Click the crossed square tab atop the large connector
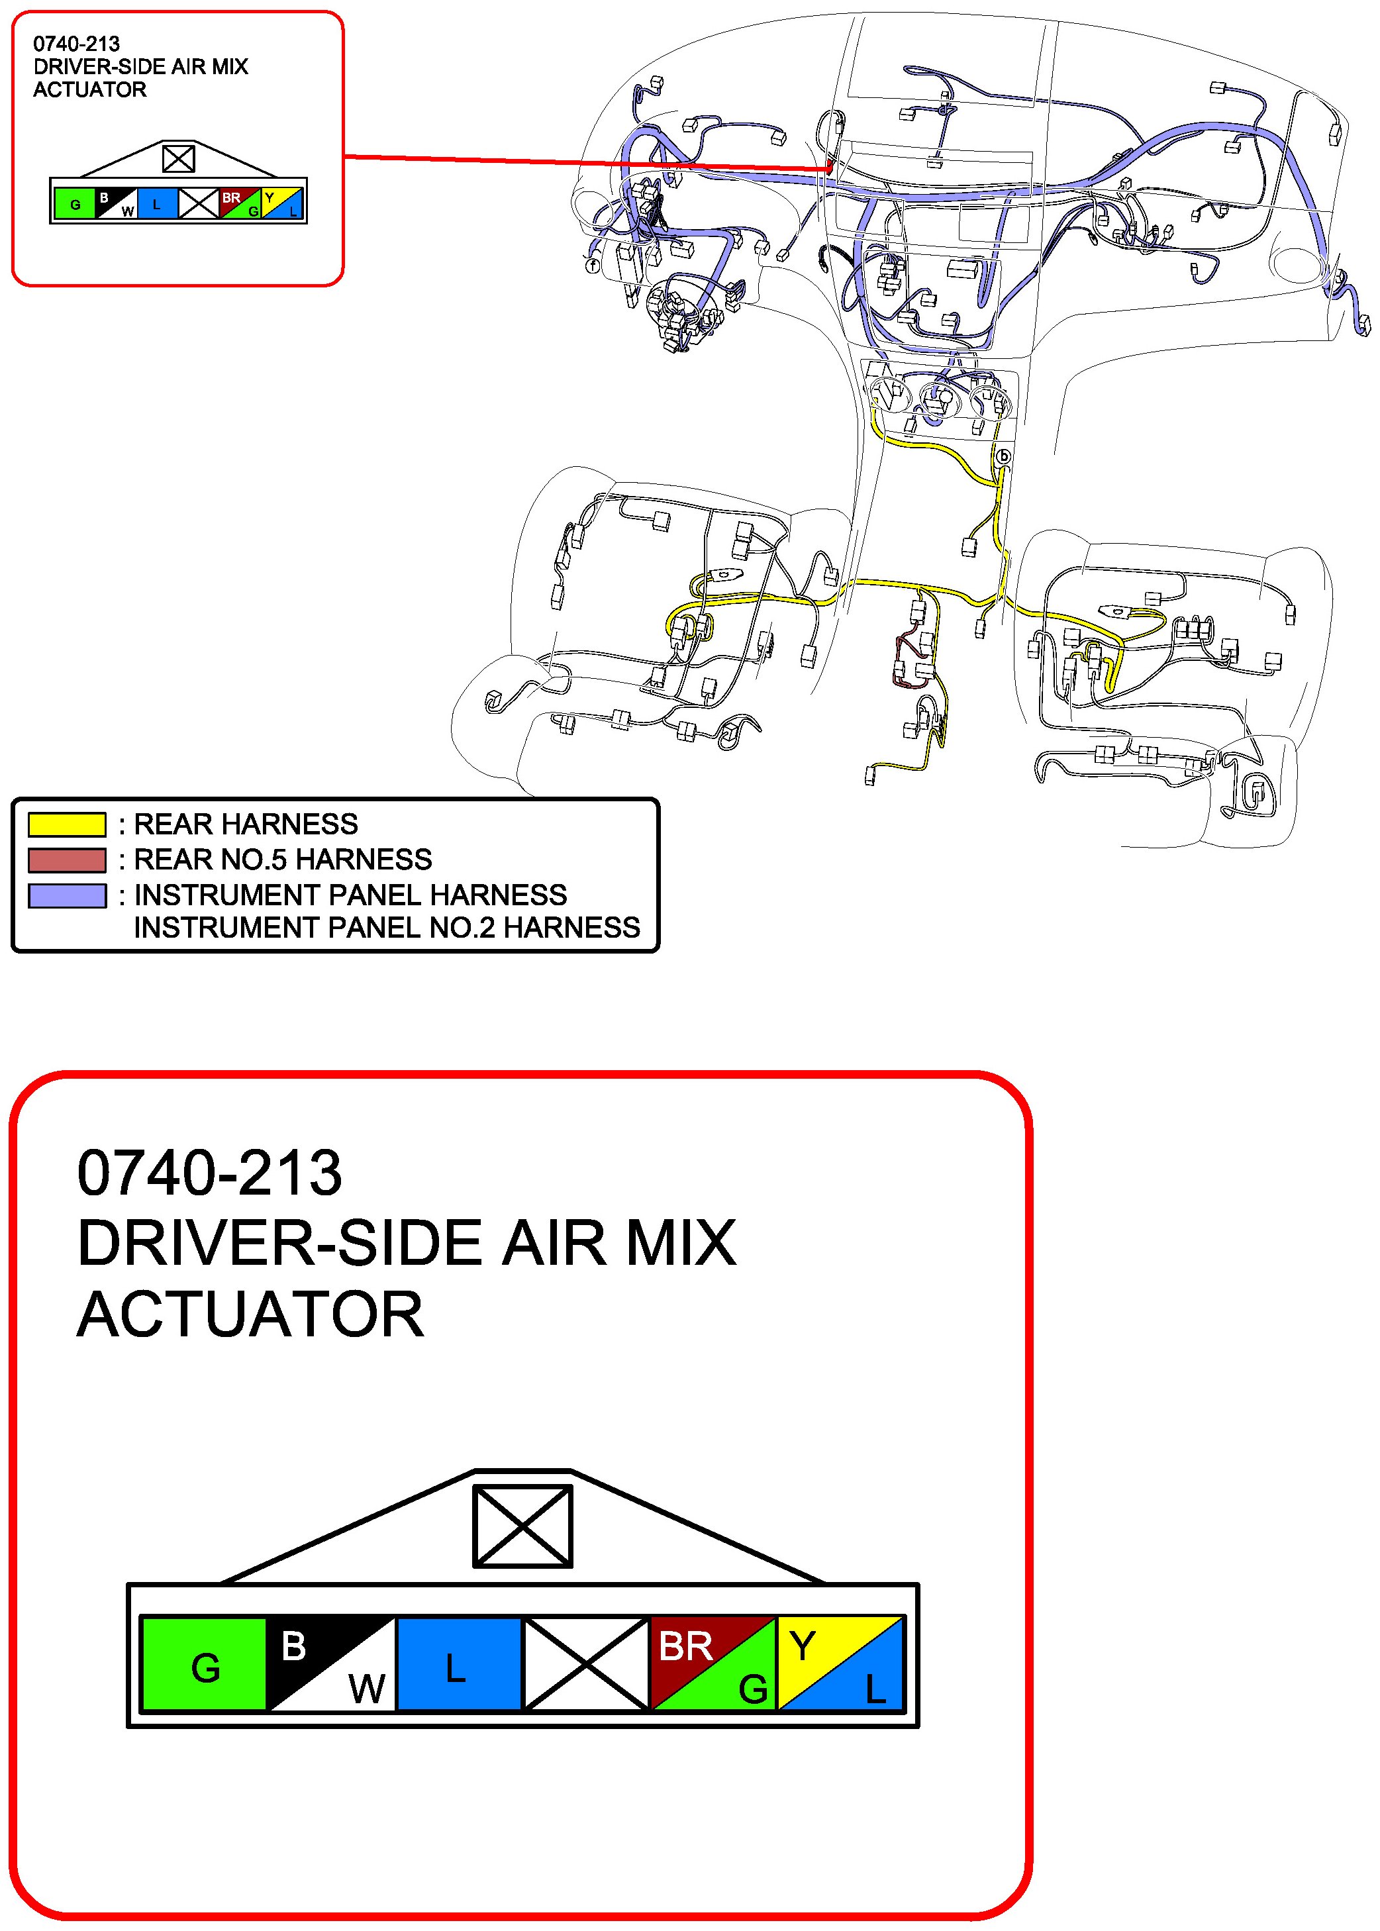[x=522, y=1526]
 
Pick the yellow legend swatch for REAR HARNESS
[x=67, y=824]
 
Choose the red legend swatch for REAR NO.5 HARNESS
[x=67, y=860]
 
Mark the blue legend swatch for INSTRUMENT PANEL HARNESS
[x=67, y=895]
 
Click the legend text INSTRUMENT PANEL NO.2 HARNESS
[x=387, y=928]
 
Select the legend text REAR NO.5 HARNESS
[x=283, y=860]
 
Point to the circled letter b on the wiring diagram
[x=1004, y=456]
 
